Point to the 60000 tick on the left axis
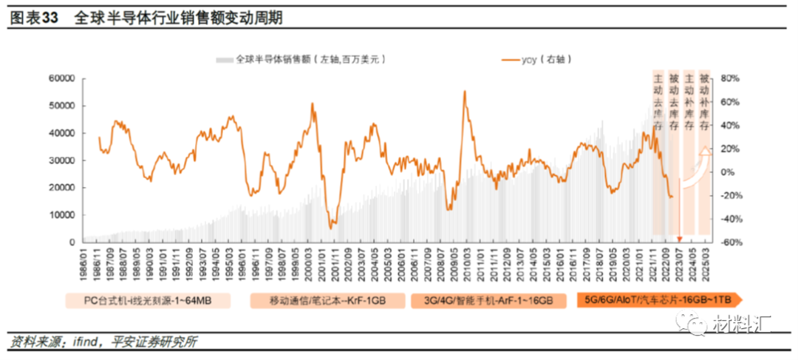click(62, 78)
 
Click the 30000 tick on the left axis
click(62, 160)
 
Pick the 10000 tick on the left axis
click(62, 215)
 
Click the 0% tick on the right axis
click(728, 172)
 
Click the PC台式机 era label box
click(148, 301)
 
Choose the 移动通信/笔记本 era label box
click(328, 301)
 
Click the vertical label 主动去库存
click(658, 102)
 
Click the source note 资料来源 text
click(103, 342)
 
